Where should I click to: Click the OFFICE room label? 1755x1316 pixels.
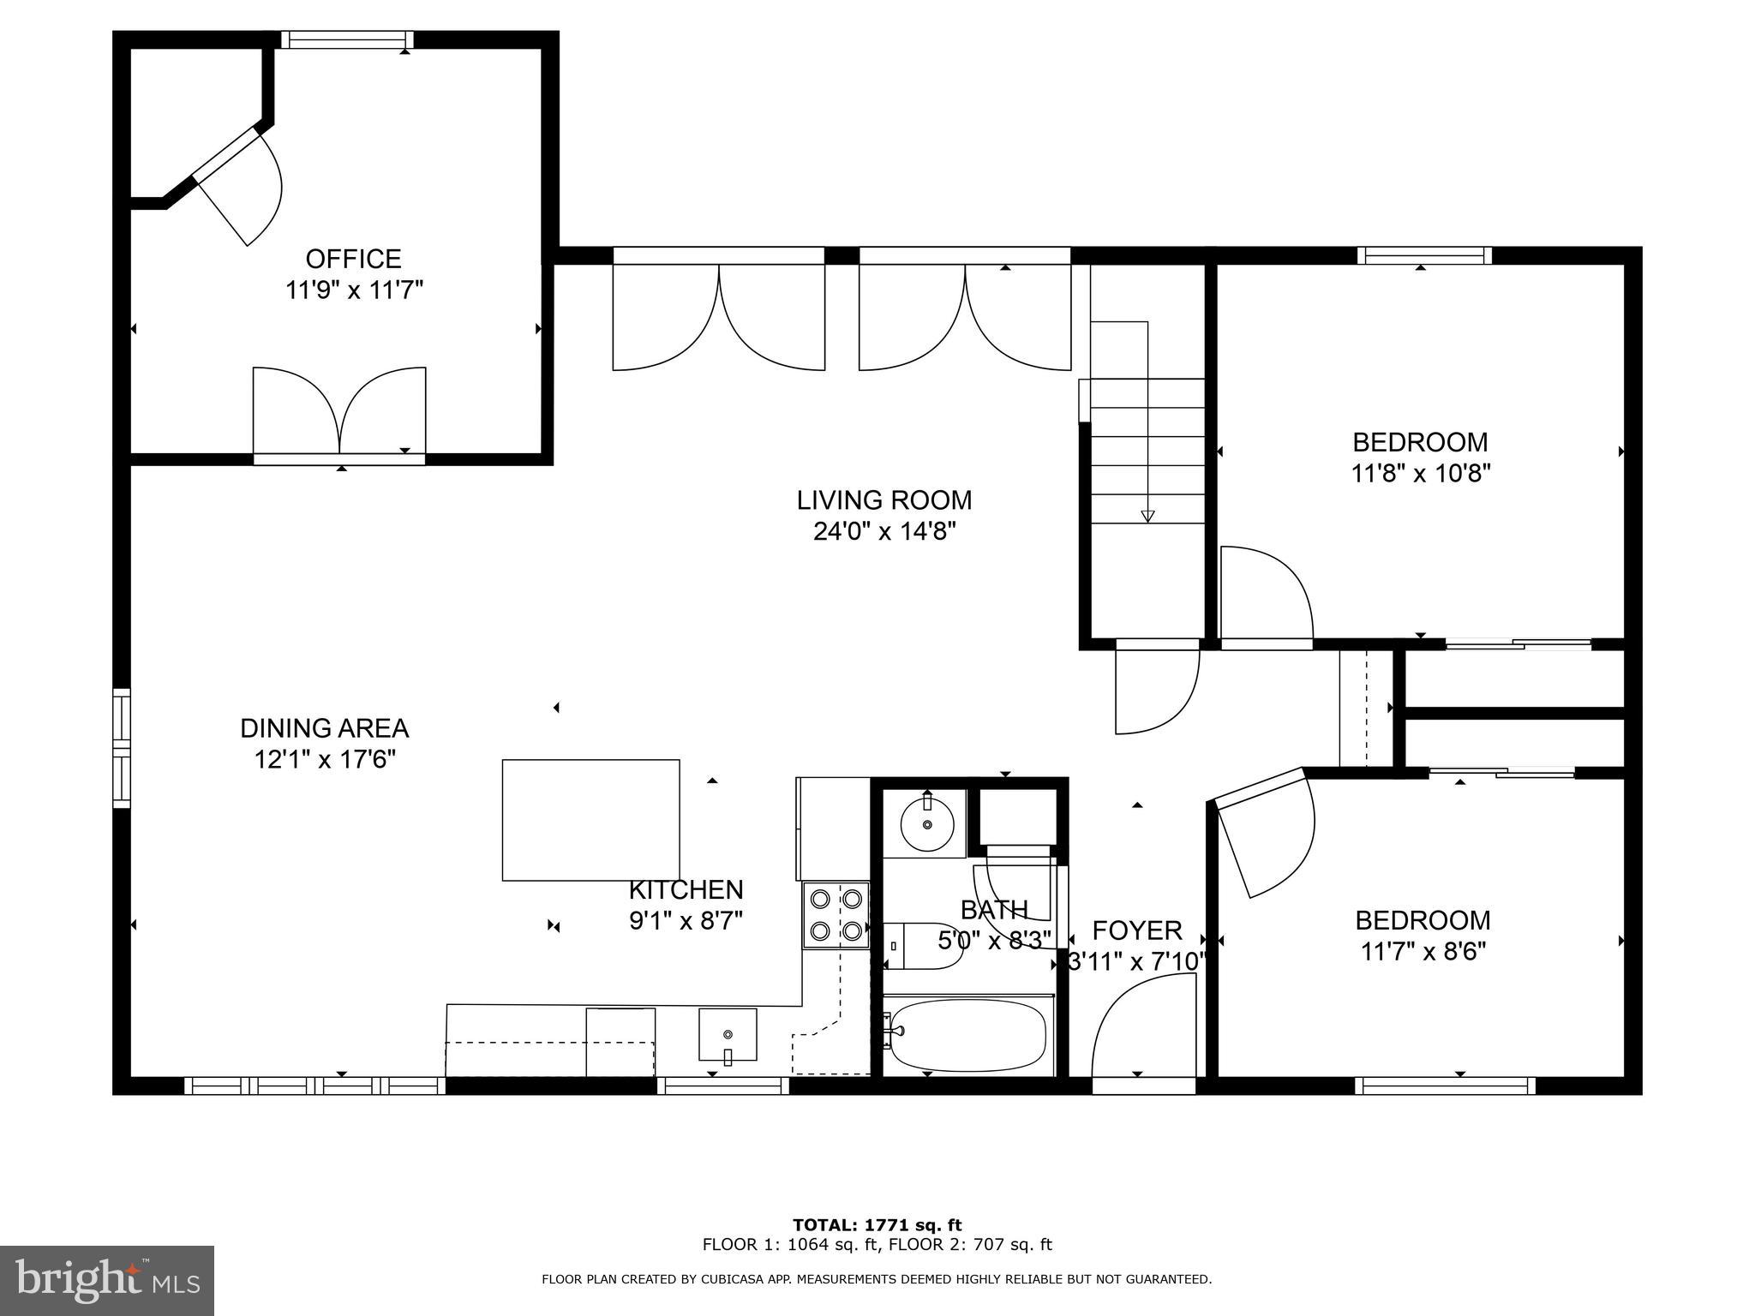pyautogui.click(x=354, y=259)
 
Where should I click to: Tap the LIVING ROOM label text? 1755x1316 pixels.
pyautogui.click(x=884, y=499)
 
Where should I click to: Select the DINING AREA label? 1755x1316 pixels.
pyautogui.click(x=324, y=728)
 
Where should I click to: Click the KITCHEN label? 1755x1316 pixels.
pyautogui.click(x=686, y=889)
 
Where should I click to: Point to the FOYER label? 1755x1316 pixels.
pyautogui.click(x=1137, y=930)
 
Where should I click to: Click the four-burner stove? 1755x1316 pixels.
pyautogui.click(x=836, y=915)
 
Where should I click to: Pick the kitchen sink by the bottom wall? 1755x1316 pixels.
pyautogui.click(x=728, y=1035)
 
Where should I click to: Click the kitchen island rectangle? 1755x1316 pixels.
pyautogui.click(x=591, y=820)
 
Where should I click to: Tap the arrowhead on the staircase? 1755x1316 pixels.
pyautogui.click(x=1147, y=516)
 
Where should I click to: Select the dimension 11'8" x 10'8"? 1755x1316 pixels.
pyautogui.click(x=1421, y=474)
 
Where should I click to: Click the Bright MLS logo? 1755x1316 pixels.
pyautogui.click(x=107, y=1281)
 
